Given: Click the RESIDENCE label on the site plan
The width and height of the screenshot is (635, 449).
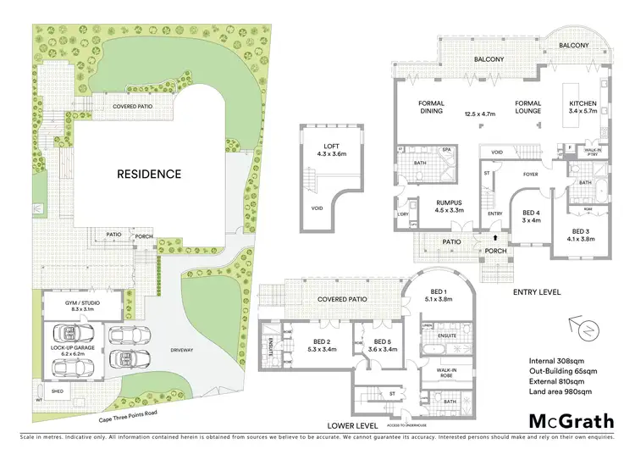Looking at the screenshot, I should tap(148, 175).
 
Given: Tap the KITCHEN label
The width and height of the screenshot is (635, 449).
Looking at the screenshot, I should tap(583, 104).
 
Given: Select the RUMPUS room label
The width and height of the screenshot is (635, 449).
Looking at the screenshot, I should tap(449, 202).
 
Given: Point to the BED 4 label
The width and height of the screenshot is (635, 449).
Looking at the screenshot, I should tap(531, 213).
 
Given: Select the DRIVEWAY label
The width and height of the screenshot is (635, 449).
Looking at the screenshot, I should tap(183, 348).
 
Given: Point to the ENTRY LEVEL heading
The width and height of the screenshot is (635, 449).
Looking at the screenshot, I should tap(537, 291).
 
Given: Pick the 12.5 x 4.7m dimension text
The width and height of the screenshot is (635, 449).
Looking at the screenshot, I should tap(483, 114).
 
